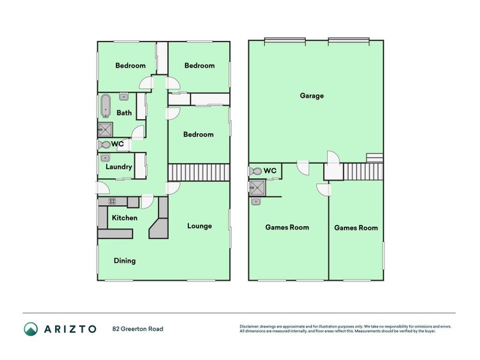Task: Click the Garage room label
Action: [312, 95]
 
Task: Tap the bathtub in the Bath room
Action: [106, 106]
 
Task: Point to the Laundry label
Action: [118, 167]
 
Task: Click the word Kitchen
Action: [124, 218]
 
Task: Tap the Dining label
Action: [125, 261]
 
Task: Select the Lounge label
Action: [199, 226]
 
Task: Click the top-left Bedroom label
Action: [130, 65]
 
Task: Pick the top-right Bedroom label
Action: [199, 65]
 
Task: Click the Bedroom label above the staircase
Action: [198, 134]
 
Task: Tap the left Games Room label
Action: [287, 227]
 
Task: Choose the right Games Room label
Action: [356, 228]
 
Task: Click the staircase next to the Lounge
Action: [199, 172]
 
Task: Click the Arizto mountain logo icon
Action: [31, 329]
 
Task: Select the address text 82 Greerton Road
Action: [137, 329]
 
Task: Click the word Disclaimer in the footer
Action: [250, 326]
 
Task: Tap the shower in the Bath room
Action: [105, 130]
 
